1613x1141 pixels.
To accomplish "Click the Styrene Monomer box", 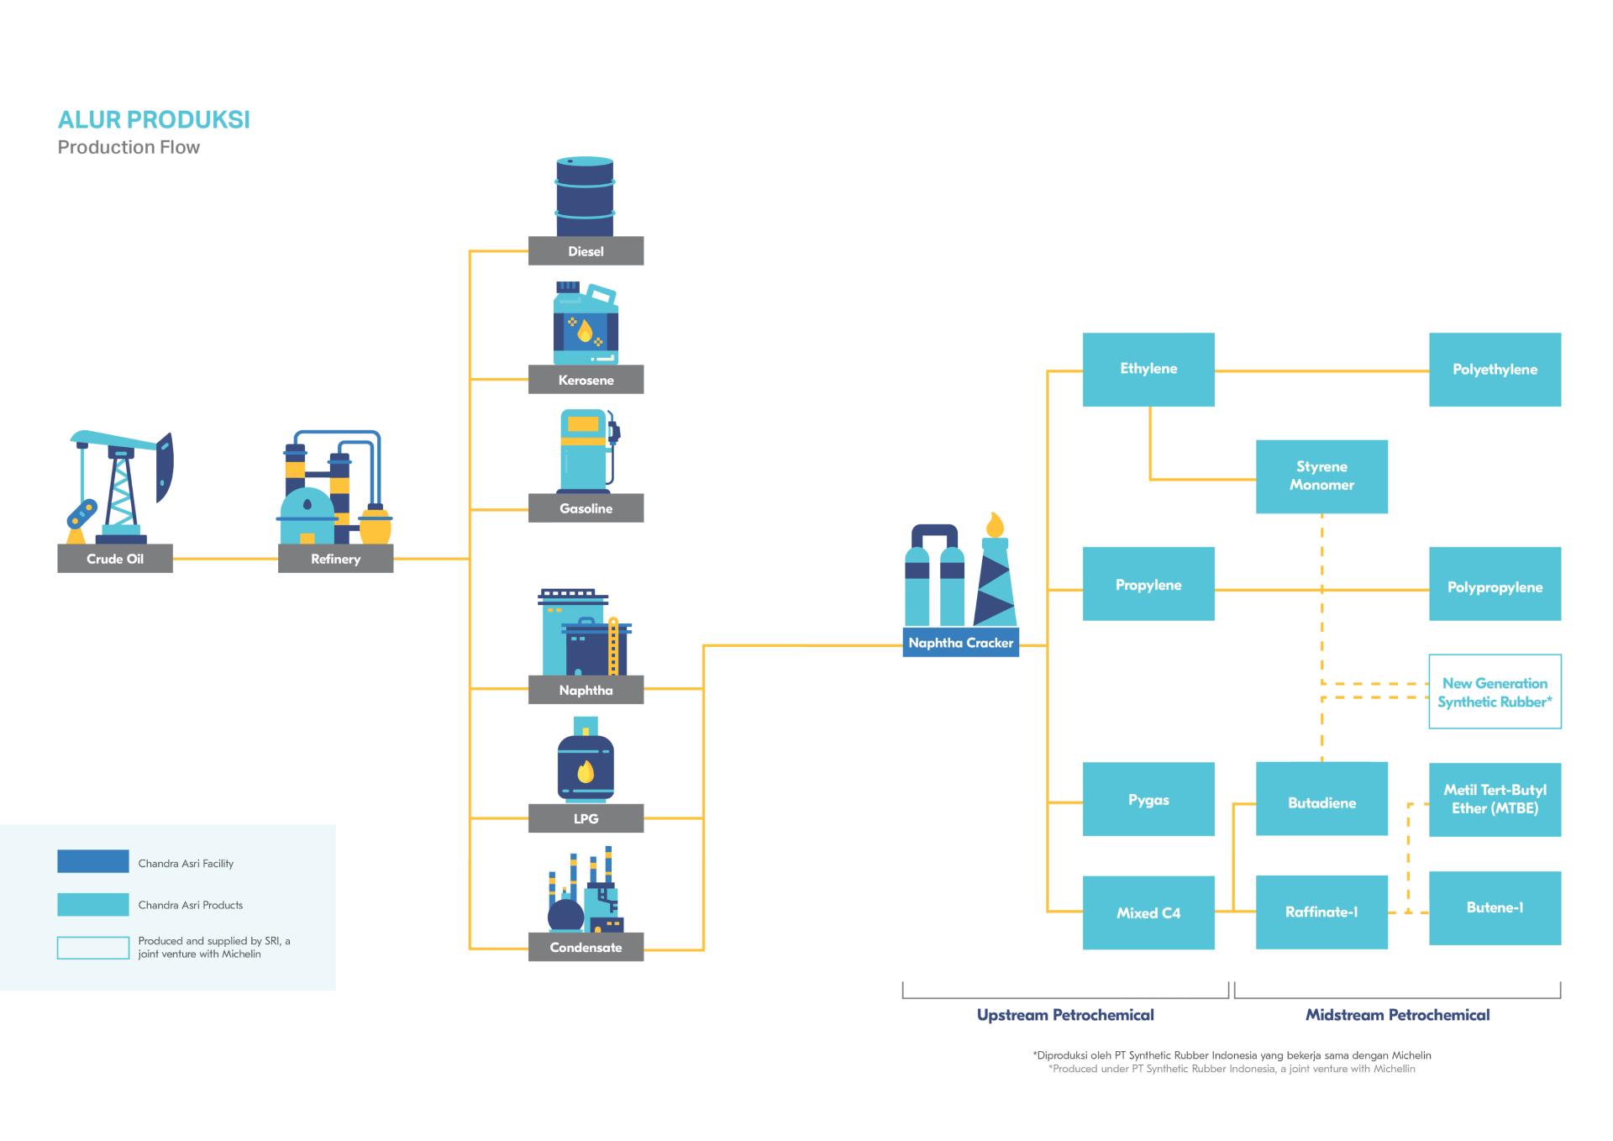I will (x=1321, y=476).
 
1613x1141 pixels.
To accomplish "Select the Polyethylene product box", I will (x=1495, y=370).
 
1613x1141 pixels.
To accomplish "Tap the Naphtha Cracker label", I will (x=960, y=643).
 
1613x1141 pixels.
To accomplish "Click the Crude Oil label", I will (x=115, y=559).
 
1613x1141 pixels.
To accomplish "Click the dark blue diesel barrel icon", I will (x=585, y=197).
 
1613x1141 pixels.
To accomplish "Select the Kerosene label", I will (x=586, y=380).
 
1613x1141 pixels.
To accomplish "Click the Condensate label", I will (x=586, y=947).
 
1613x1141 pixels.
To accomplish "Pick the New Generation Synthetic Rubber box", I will (x=1495, y=691).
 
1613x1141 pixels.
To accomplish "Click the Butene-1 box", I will (x=1495, y=907).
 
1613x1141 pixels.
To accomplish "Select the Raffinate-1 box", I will (x=1321, y=912).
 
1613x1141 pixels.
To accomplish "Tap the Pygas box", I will (x=1148, y=799).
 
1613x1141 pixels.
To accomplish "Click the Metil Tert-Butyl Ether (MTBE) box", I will (x=1495, y=799).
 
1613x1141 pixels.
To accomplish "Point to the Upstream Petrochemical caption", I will (x=1064, y=1015).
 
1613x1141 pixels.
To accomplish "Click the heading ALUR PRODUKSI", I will (x=154, y=120).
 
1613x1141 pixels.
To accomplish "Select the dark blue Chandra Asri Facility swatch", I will (x=92, y=861).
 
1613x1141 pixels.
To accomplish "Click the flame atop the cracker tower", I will (x=995, y=524).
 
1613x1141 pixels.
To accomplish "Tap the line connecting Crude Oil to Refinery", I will (x=225, y=559).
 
